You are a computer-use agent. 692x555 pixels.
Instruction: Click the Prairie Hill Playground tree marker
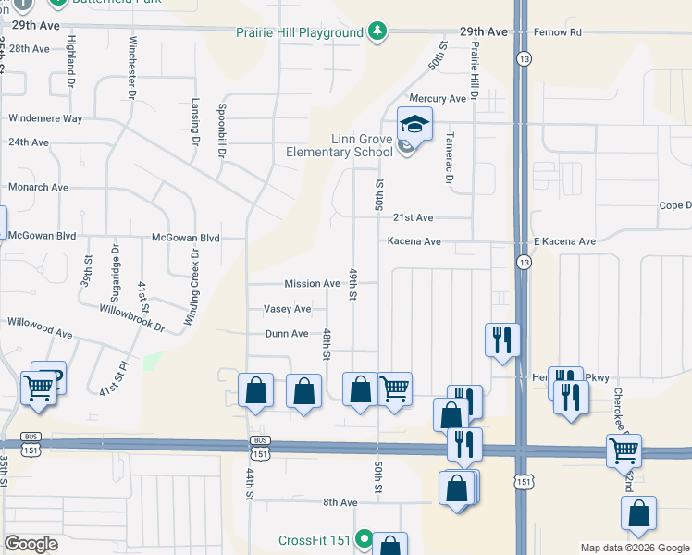coord(377,32)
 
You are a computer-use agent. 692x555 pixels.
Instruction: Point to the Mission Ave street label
coord(312,284)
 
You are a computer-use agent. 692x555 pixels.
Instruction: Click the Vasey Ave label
coord(287,309)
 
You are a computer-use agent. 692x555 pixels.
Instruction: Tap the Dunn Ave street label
coord(286,334)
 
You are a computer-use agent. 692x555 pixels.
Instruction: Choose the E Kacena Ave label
coord(564,241)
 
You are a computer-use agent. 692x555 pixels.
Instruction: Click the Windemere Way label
coord(45,118)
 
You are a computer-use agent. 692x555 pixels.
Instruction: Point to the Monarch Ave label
coord(38,187)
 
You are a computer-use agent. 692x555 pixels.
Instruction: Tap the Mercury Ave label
coord(444,99)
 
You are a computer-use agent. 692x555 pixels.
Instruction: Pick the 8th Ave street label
coord(340,502)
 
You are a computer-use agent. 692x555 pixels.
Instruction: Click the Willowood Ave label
coord(40,332)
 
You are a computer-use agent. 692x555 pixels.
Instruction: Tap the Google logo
coord(31,544)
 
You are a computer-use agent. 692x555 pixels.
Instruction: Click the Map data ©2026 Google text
coord(634,548)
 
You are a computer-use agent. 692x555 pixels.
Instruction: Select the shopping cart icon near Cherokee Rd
coord(624,451)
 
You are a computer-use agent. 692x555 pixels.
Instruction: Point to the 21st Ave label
coord(413,218)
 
